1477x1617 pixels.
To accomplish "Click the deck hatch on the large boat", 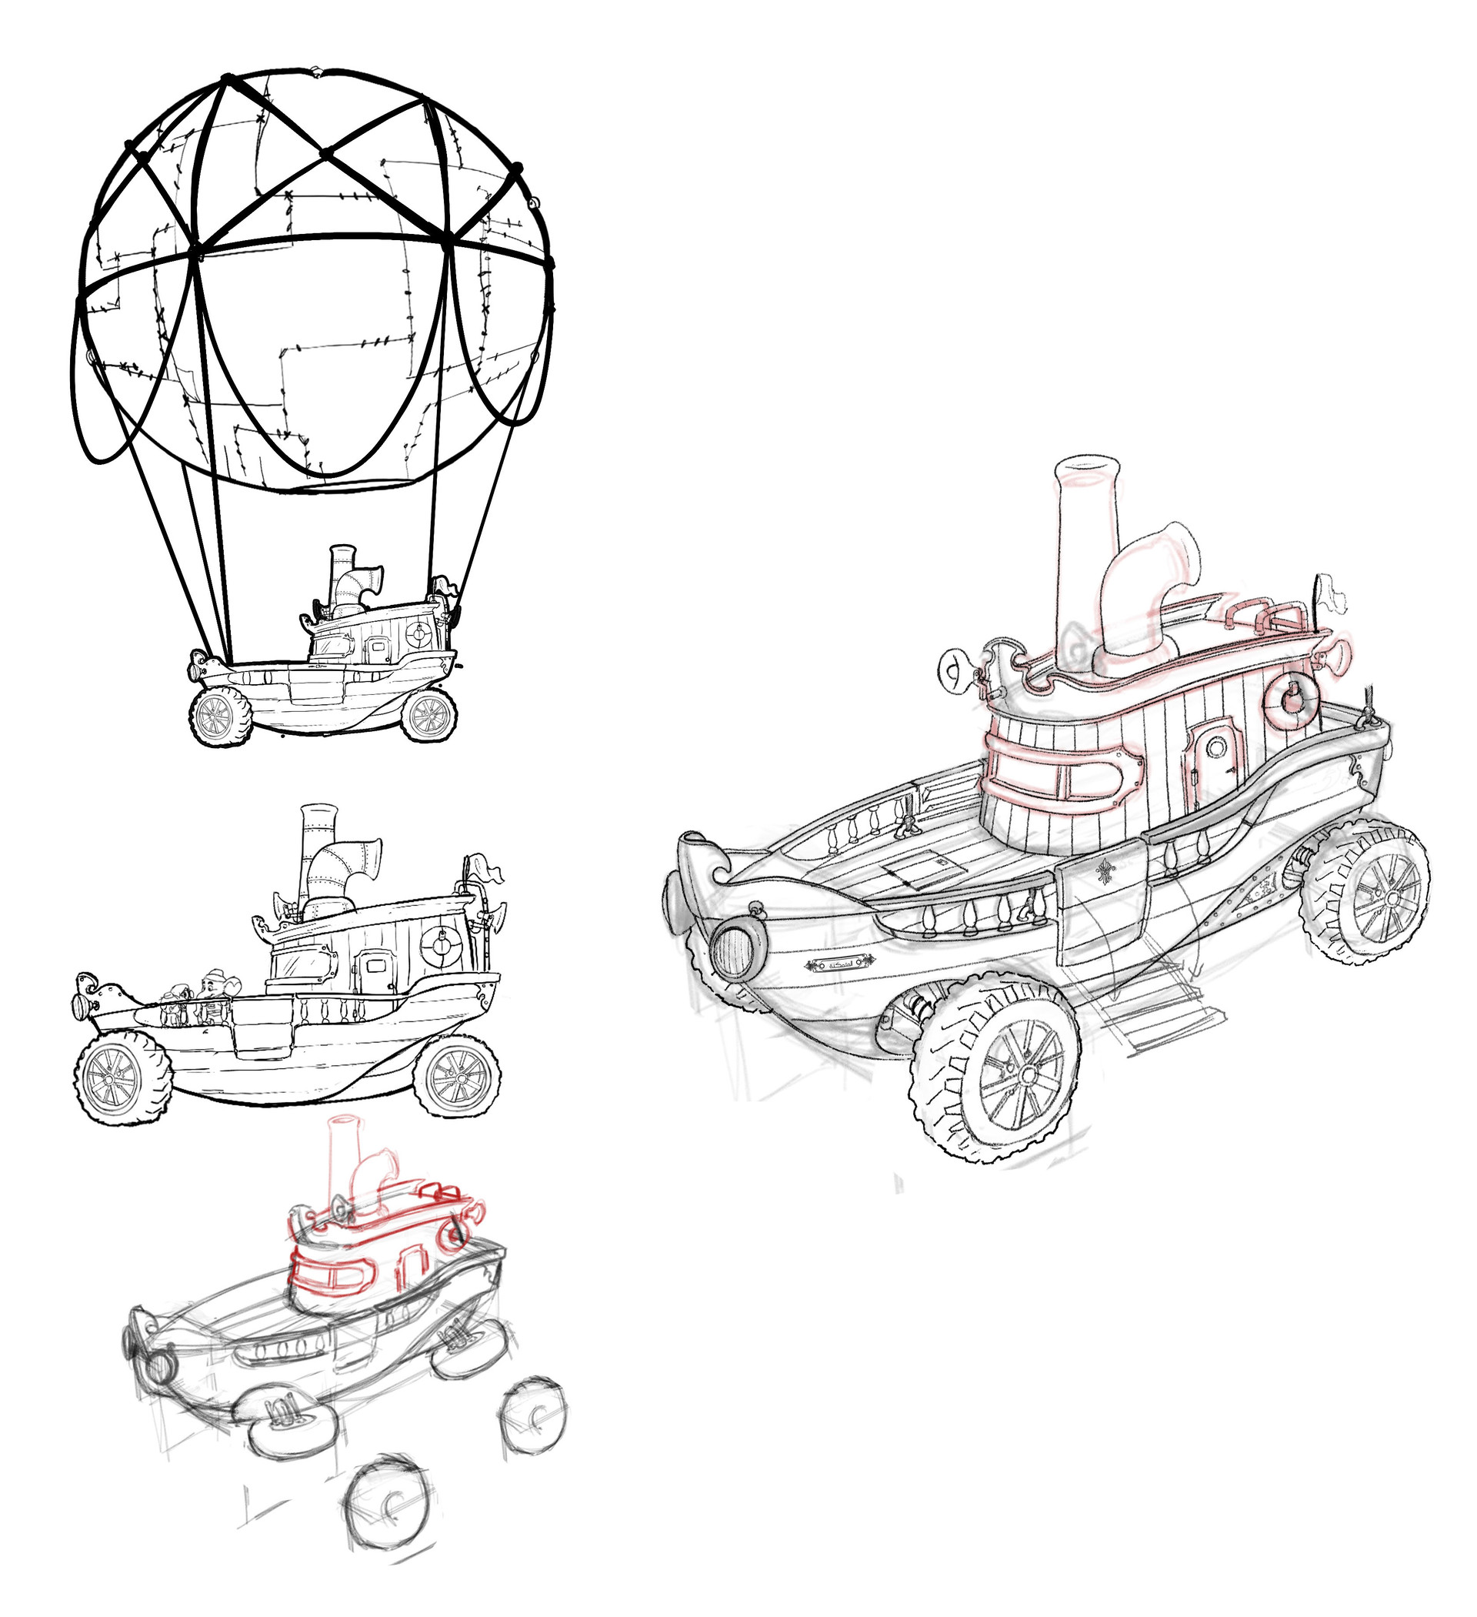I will pyautogui.click(x=921, y=870).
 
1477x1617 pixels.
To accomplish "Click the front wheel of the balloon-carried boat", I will pyautogui.click(x=221, y=717).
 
